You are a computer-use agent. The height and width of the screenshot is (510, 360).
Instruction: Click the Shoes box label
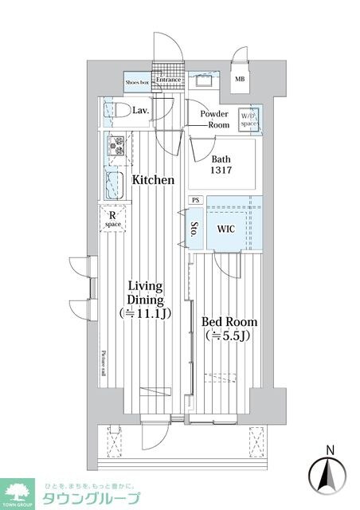pyautogui.click(x=138, y=80)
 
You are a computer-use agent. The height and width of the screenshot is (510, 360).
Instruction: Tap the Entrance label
pyautogui.click(x=169, y=80)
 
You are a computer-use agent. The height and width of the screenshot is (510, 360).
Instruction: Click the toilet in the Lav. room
pyautogui.click(x=113, y=112)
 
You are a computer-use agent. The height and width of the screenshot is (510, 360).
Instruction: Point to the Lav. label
pyautogui.click(x=142, y=110)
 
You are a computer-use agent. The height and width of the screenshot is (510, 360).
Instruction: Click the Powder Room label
pyautogui.click(x=214, y=120)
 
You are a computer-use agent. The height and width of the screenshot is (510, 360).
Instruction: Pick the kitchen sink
pyautogui.click(x=113, y=184)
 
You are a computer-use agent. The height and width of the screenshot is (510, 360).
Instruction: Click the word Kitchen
pyautogui.click(x=152, y=180)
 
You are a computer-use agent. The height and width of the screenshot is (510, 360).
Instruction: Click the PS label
pyautogui.click(x=196, y=201)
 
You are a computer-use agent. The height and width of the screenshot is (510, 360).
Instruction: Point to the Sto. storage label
pyautogui.click(x=194, y=231)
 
